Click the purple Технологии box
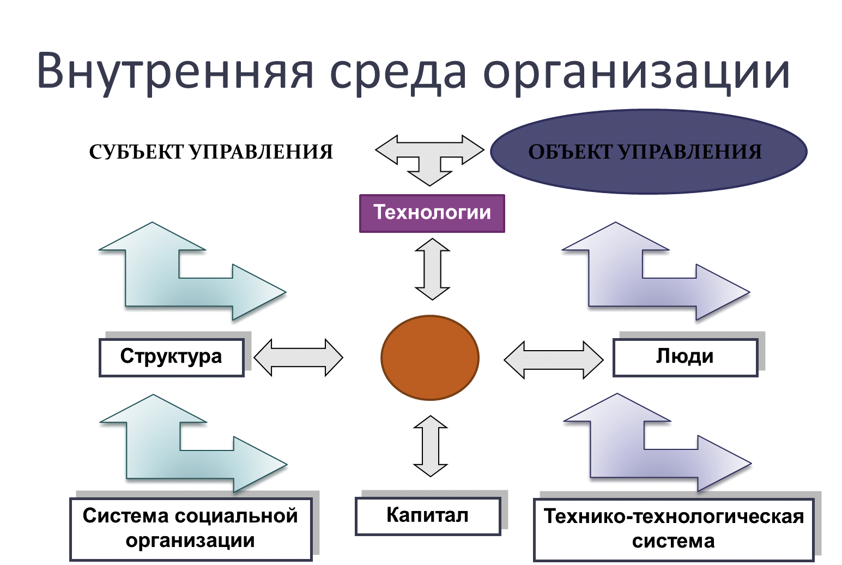[x=432, y=213]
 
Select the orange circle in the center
[x=430, y=357]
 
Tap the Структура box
[x=172, y=357]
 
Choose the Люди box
[x=685, y=357]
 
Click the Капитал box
[x=428, y=516]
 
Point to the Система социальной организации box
[x=191, y=529]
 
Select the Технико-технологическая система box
[x=674, y=530]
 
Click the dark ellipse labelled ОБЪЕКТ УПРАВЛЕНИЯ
[x=649, y=152]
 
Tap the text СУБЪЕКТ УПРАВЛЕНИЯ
[x=211, y=152]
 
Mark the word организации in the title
[x=637, y=74]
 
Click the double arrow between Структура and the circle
[x=299, y=357]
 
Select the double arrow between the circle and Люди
[x=554, y=360]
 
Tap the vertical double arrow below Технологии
[x=432, y=269]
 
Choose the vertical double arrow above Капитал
[x=431, y=446]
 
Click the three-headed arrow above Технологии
[x=429, y=158]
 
